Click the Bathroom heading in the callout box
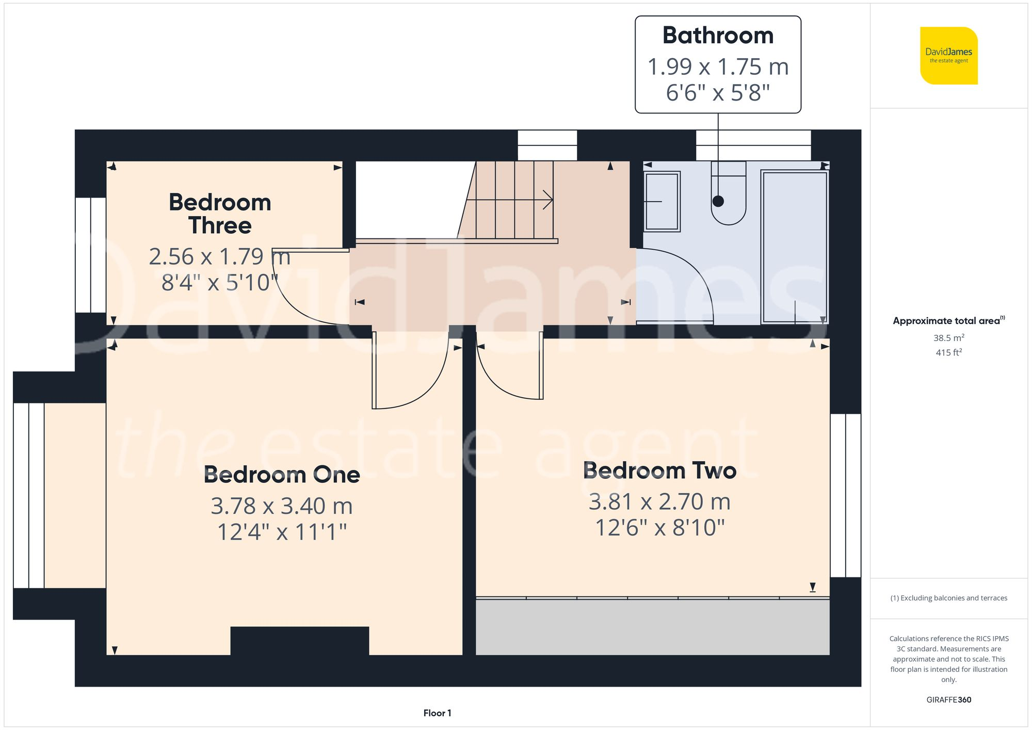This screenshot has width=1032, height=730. tap(718, 36)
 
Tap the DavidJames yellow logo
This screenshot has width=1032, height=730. tap(948, 56)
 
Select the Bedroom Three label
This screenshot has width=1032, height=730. tap(220, 214)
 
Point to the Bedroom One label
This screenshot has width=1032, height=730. tap(282, 475)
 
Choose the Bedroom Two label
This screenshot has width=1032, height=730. tap(659, 471)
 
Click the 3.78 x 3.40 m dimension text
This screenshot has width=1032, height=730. tap(282, 506)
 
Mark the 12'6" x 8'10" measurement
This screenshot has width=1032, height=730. tap(659, 528)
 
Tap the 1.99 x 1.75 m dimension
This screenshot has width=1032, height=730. tap(718, 67)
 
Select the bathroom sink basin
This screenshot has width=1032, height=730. tap(662, 201)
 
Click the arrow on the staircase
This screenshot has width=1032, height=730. tap(547, 200)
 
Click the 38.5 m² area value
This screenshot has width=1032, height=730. tap(948, 338)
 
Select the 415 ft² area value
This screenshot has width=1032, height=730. tap(948, 352)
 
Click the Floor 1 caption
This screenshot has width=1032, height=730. tap(437, 713)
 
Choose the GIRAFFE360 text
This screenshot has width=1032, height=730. tap(948, 700)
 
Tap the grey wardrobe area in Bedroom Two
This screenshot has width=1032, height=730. tap(652, 627)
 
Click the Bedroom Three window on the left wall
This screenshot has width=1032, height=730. tap(91, 255)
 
